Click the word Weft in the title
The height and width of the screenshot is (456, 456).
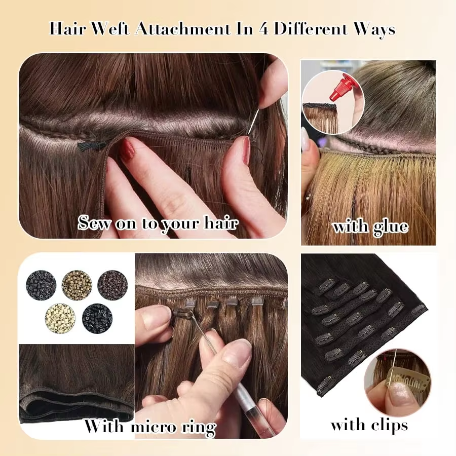[111, 29]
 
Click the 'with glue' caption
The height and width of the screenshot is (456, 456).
[370, 226]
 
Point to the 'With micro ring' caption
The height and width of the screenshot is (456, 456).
[149, 427]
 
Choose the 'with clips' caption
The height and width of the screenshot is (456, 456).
[369, 425]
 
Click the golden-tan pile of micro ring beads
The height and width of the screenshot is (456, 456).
[77, 285]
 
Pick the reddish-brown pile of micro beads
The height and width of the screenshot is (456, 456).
[112, 284]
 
